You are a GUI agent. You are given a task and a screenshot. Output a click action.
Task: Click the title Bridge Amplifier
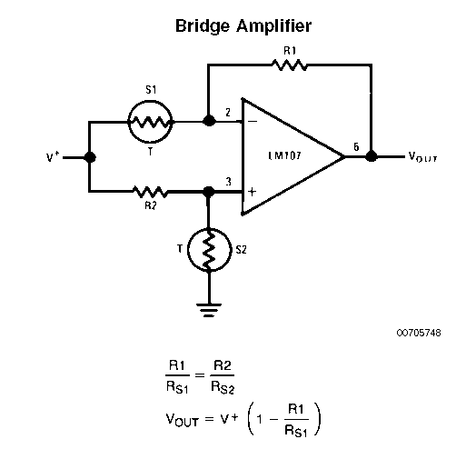pyautogui.click(x=243, y=26)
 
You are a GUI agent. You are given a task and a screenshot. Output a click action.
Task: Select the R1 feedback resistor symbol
pyautogui.click(x=289, y=65)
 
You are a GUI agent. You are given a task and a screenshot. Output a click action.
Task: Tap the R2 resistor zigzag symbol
pyautogui.click(x=150, y=192)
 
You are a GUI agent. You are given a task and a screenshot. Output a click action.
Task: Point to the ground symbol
pyautogui.click(x=209, y=310)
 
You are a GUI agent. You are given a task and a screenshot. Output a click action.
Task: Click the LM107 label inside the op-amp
pyautogui.click(x=284, y=155)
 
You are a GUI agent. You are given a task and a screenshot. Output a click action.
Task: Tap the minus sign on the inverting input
pyautogui.click(x=253, y=122)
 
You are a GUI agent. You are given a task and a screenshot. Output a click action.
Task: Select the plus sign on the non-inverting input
pyautogui.click(x=252, y=192)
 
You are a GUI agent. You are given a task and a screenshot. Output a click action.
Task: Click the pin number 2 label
pyautogui.click(x=228, y=113)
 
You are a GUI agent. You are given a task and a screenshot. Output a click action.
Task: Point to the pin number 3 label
pyautogui.click(x=228, y=182)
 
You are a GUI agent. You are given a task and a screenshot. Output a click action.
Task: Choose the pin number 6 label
pyautogui.click(x=356, y=147)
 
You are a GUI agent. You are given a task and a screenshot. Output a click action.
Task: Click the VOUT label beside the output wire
pyautogui.click(x=422, y=156)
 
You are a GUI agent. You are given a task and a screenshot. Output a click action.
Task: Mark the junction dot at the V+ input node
pyautogui.click(x=90, y=157)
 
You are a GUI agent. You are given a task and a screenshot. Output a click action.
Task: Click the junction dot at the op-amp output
pyautogui.click(x=371, y=156)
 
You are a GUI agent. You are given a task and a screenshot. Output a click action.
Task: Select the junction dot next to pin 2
pyautogui.click(x=209, y=121)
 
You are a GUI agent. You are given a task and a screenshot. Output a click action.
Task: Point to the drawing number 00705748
pyautogui.click(x=419, y=333)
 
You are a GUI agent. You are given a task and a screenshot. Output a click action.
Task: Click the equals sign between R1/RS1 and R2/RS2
pyautogui.click(x=200, y=375)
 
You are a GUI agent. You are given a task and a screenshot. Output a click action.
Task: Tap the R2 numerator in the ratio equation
pyautogui.click(x=223, y=365)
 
